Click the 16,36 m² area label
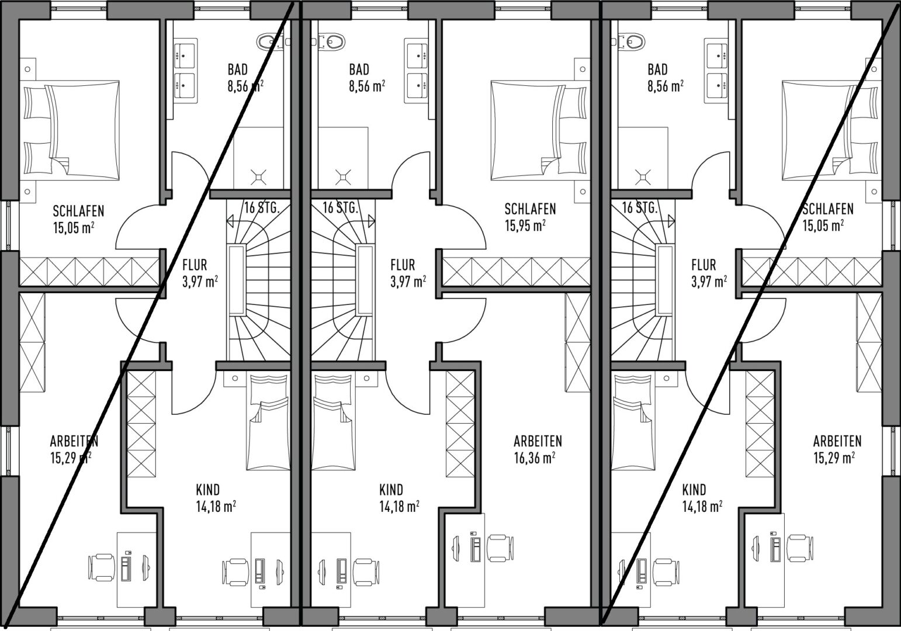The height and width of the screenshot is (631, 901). coord(535,457)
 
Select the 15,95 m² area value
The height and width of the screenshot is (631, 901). coord(525,226)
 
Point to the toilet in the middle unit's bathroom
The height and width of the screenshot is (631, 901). coord(332,41)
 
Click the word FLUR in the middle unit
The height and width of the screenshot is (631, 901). coord(403,265)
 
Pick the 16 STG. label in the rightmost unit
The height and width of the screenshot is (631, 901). coord(640,207)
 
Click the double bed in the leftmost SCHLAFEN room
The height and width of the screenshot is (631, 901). coord(70,130)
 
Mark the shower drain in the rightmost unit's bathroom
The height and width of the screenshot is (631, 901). coord(642,177)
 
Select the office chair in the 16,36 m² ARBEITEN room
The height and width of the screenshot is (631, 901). coord(500,548)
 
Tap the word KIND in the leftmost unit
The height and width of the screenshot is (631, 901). coord(208,490)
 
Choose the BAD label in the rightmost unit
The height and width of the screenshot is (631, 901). coord(658,70)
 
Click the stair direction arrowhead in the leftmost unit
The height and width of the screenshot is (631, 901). coord(230,221)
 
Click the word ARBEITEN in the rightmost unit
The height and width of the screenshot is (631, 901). coord(837,441)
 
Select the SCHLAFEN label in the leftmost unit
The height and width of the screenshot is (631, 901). coord(78,211)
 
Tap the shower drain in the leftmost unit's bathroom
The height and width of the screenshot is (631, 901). coord(258,177)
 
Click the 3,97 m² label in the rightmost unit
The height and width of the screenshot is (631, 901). coord(709,282)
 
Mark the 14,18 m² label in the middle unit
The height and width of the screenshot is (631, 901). coord(400,507)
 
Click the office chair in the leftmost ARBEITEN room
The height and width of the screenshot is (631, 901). coord(101,567)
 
